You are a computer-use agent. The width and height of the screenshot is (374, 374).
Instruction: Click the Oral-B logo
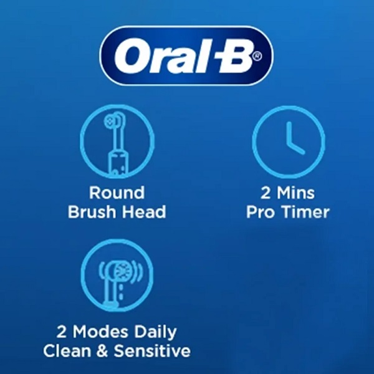[x=186, y=55]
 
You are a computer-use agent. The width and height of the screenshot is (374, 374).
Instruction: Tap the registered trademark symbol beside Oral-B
[x=257, y=56]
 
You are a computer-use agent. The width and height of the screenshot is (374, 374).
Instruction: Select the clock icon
[x=289, y=141]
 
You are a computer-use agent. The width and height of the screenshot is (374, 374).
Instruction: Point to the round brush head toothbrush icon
[x=117, y=141]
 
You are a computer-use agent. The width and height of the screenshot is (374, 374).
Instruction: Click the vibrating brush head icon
[x=117, y=276]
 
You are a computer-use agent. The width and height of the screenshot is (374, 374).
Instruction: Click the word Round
[x=117, y=193]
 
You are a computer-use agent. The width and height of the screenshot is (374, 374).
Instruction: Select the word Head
[x=145, y=211]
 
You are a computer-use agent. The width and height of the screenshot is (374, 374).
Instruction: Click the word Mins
[x=295, y=193]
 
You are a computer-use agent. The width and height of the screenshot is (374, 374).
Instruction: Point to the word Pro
[x=261, y=212]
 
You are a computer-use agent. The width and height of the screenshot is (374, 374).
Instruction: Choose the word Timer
[x=305, y=212]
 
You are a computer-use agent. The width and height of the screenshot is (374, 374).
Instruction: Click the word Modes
[x=100, y=332]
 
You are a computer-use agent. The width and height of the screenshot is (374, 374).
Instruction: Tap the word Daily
[x=155, y=332]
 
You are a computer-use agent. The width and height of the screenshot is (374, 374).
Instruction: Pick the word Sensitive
[x=152, y=350]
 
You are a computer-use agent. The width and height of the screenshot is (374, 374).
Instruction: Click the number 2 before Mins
[x=266, y=193]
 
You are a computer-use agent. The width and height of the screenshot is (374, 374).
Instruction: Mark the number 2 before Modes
[x=62, y=332]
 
